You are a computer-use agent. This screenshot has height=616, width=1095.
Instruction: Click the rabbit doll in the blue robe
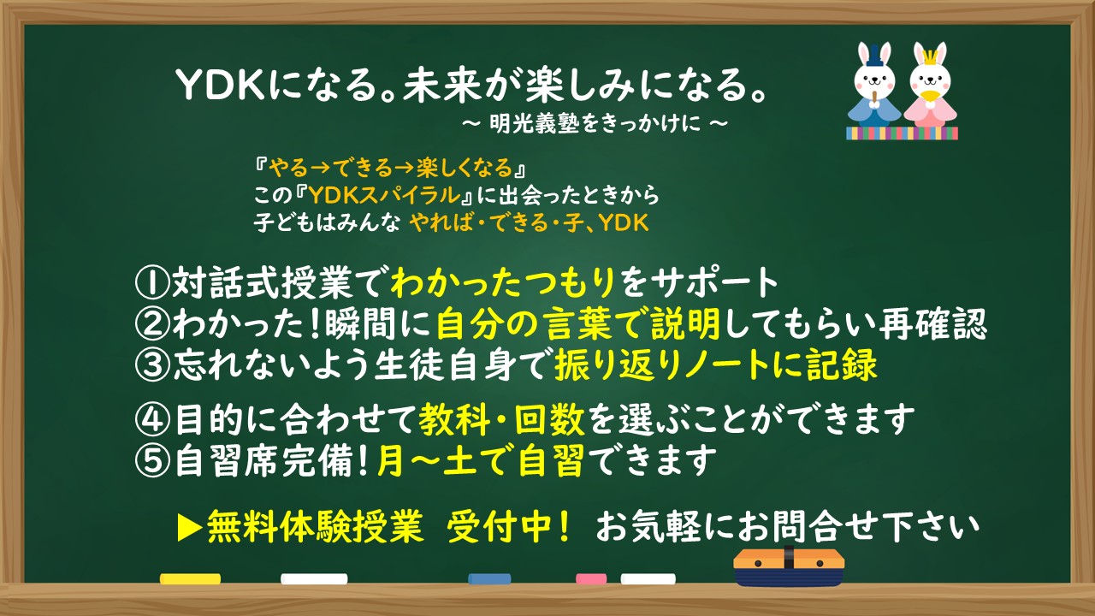click(873, 86)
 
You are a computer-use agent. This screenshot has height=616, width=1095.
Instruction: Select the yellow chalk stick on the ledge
click(190, 579)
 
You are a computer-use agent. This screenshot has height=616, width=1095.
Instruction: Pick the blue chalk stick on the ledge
click(489, 579)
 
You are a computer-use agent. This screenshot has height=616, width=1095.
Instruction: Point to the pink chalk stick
click(591, 579)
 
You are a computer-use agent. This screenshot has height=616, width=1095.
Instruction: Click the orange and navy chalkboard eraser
click(789, 566)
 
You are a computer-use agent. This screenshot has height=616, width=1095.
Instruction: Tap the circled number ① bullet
click(152, 282)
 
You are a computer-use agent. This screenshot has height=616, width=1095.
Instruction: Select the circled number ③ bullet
click(152, 364)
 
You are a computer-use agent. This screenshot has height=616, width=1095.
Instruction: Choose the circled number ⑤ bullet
click(152, 460)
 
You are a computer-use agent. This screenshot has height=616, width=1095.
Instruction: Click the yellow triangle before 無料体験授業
click(190, 528)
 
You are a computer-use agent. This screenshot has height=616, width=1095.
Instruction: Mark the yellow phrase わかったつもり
click(502, 282)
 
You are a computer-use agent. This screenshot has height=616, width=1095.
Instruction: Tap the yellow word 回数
click(549, 419)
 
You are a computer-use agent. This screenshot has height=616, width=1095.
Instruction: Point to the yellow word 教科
click(454, 419)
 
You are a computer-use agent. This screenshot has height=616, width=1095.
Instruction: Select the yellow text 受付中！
click(508, 527)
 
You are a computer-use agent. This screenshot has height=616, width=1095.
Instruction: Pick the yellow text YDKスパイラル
click(385, 195)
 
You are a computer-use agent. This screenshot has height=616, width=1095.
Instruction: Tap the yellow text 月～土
click(427, 460)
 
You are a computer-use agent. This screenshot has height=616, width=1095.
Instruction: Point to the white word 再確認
click(933, 323)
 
